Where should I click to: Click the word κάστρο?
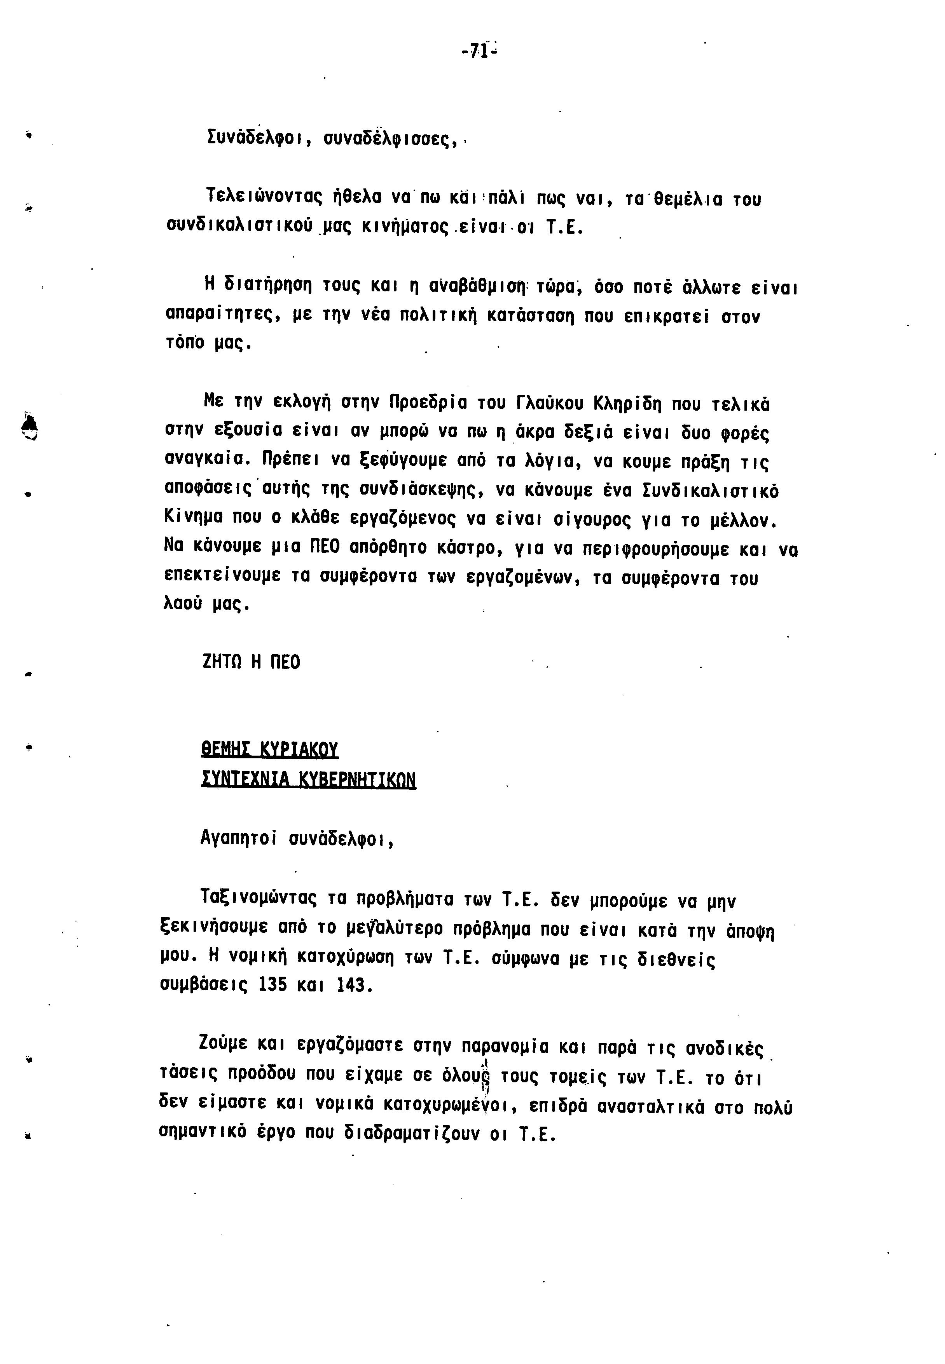[x=470, y=549]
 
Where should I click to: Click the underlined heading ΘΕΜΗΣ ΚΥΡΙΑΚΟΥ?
[x=269, y=750]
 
